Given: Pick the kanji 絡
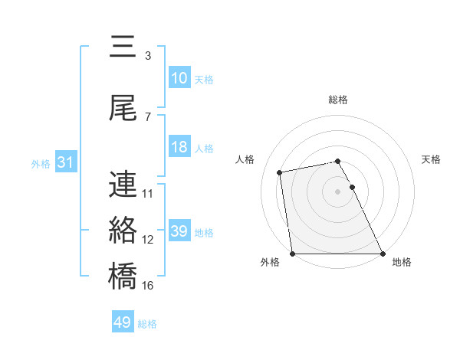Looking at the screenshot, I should coord(123,230).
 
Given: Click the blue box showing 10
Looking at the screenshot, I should coord(179,78).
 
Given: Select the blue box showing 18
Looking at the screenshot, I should coord(179,147).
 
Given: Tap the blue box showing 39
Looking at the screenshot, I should coord(179,231).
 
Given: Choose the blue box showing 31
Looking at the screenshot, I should coord(65,162).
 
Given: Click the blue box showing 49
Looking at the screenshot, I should coord(123,322).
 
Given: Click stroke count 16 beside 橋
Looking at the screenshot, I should coord(148,286).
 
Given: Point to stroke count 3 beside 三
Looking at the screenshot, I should coord(148,56).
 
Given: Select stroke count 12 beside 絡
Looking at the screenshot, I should coord(148,240).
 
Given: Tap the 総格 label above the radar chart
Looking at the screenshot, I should coord(338,100).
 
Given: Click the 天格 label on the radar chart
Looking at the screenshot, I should coord(431,159).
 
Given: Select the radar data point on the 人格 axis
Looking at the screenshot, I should coord(281,172).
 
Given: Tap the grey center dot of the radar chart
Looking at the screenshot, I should coord(337,191).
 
